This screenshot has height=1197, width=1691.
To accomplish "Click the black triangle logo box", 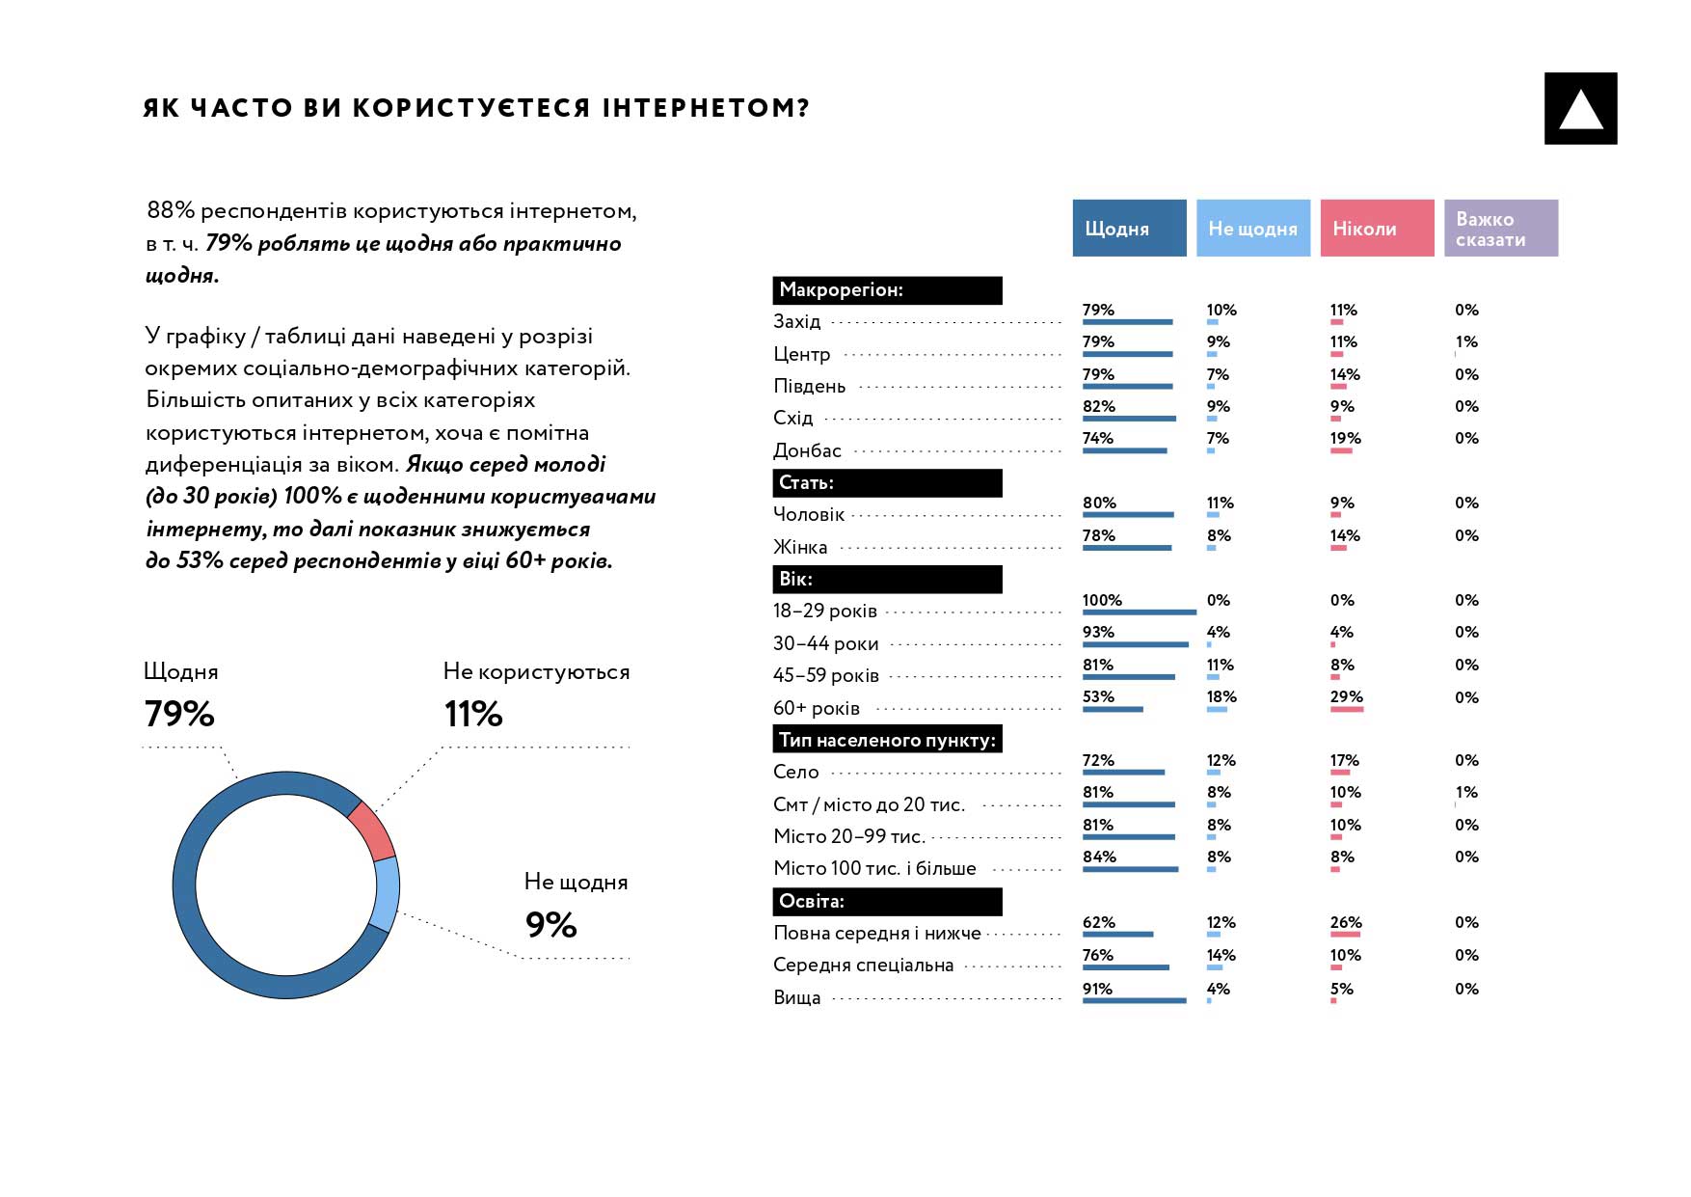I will tap(1580, 109).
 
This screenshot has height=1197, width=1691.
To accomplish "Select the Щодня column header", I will tap(1129, 229).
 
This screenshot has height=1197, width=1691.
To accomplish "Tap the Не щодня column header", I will tap(1252, 229).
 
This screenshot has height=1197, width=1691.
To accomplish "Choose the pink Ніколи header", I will tap(1376, 229).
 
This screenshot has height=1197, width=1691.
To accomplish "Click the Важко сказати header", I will tap(1500, 229).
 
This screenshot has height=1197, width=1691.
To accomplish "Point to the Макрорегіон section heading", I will tap(887, 290).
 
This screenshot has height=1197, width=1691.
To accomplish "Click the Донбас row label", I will tap(807, 450).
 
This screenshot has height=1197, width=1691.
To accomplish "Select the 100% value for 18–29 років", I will tap(1102, 600).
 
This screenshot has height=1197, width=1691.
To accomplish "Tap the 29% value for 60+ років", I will tap(1346, 696).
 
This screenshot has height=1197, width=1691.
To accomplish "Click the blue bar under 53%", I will tap(1113, 710).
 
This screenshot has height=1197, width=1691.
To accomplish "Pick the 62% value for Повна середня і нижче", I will tap(1098, 922).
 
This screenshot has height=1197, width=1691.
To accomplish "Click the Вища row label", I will tap(796, 997).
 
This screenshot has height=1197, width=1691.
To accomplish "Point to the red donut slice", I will tap(372, 830).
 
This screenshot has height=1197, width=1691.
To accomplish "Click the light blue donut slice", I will tap(386, 893).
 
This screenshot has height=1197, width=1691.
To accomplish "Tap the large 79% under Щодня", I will tap(179, 714).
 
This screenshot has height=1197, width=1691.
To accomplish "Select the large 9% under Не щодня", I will tap(550, 925).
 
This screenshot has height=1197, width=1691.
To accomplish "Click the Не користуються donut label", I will tap(536, 672).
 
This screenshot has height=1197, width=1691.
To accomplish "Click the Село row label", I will tap(795, 772).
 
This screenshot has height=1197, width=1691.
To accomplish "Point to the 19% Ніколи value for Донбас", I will tap(1345, 438).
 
